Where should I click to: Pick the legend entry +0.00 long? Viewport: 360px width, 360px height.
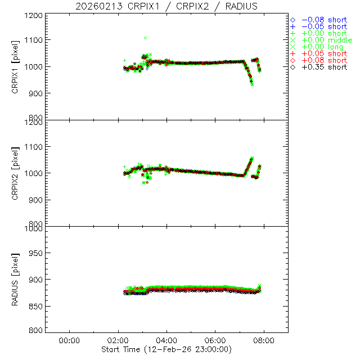coord(322,47)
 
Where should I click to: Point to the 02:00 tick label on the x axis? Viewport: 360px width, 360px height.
coord(118,341)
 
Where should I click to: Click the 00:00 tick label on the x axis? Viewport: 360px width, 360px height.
coord(69,341)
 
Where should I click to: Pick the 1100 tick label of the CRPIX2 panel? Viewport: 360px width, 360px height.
coord(35,147)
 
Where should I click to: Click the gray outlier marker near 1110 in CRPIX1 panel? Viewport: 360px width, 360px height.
coord(145,38)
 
